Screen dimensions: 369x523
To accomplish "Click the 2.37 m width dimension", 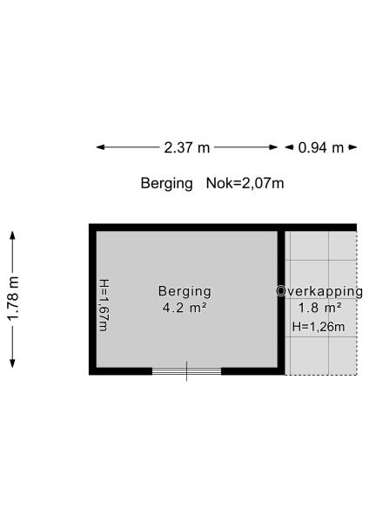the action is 187,147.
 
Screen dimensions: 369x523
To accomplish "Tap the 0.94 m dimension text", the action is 321,147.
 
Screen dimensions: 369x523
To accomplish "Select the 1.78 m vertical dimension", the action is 13,299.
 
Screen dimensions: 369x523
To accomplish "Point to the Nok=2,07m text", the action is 245,183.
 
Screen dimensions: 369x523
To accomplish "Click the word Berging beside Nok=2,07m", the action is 166,184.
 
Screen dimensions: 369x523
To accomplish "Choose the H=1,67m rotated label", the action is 104,305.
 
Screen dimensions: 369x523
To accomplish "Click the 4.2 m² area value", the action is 184,308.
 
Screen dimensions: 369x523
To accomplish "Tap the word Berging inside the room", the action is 184,291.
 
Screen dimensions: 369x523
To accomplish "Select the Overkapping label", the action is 319,291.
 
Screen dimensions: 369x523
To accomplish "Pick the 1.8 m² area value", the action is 319,308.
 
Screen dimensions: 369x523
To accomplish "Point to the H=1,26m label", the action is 319,327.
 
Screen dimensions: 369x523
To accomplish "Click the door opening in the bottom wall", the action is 186,371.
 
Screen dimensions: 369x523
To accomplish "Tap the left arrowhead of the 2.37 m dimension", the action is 100,147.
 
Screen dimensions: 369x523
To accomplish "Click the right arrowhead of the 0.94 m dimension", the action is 353,147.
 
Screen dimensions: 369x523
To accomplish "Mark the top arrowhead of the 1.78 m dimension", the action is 13,235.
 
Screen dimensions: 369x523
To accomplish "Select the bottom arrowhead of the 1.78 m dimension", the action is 13,363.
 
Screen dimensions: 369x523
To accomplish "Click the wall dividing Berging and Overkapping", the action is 281,299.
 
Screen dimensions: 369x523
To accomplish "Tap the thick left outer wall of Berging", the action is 92,299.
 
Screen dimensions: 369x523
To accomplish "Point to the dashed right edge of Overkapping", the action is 357,302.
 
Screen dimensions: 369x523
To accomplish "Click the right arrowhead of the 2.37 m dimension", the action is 274,147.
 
